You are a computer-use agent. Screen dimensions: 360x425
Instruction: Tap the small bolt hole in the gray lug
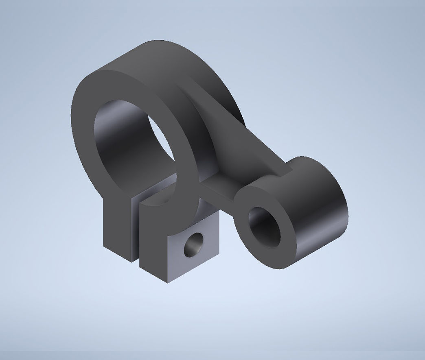(x=193, y=244)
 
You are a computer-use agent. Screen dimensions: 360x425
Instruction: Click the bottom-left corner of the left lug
(x=104, y=246)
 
